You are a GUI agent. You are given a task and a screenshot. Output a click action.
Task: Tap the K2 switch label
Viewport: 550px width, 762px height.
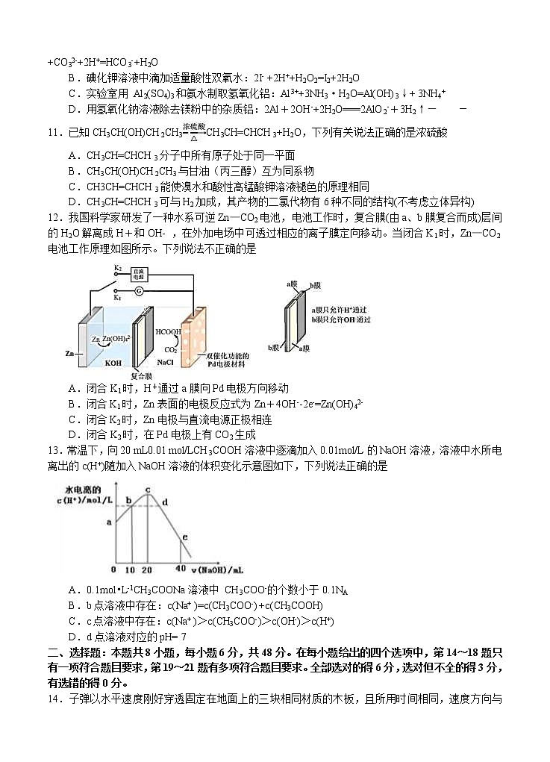point(117,267)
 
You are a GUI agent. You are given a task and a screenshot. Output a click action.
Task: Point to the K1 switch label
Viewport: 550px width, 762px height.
point(117,296)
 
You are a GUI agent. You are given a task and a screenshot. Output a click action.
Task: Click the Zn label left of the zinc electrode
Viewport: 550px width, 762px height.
point(69,353)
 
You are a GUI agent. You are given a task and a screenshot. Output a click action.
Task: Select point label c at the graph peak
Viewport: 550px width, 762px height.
point(147,490)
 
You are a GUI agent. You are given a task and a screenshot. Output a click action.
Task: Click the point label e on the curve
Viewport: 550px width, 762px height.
point(184,537)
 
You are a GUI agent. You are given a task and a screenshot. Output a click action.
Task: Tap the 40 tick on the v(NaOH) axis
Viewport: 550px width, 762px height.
point(179,569)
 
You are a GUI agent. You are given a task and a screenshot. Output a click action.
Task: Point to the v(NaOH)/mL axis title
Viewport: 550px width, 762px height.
point(221,569)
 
